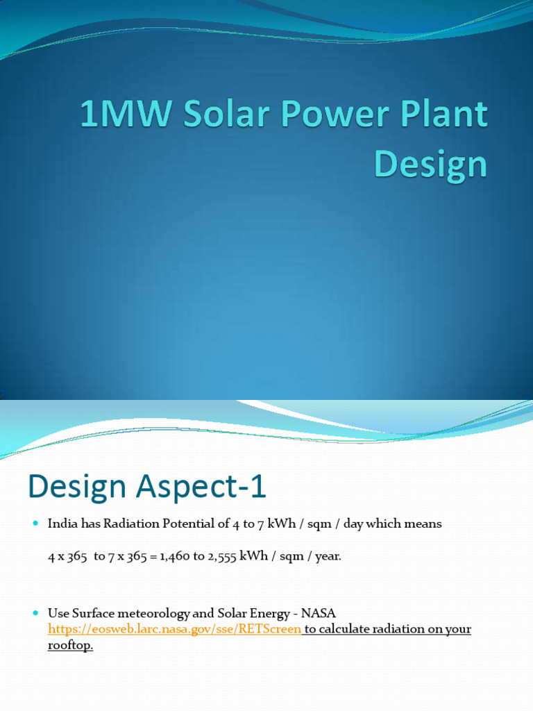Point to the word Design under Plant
click(430, 164)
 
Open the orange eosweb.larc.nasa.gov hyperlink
click(174, 629)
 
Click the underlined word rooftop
click(69, 645)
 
